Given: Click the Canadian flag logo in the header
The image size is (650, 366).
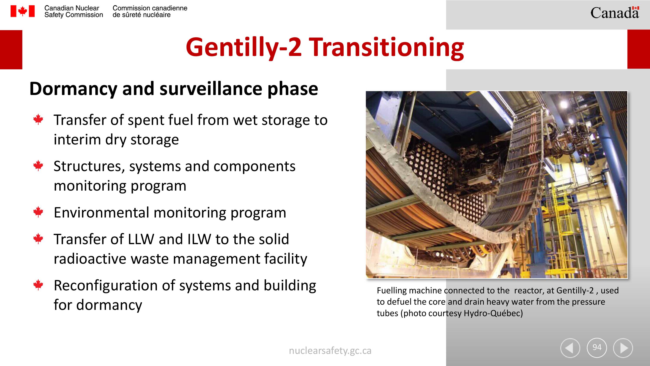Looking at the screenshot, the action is pos(23,11).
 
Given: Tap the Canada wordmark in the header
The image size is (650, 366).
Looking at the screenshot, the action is pos(615,13).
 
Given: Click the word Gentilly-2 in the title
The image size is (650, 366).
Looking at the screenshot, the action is pos(244,47).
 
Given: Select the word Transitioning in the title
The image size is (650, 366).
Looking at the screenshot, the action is pos(386,47).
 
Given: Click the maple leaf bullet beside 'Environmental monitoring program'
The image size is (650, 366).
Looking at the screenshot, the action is pos(38,212).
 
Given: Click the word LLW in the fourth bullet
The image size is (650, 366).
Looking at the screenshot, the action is pos(141,239).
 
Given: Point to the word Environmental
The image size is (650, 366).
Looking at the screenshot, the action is pos(101,213).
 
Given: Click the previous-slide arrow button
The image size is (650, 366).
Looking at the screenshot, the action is pos(570,348).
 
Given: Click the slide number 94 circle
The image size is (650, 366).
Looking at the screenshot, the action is pos(597,348).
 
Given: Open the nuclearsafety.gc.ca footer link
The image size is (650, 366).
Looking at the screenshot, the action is pos(330,351).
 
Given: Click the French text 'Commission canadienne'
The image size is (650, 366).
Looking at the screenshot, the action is pos(150,8).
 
